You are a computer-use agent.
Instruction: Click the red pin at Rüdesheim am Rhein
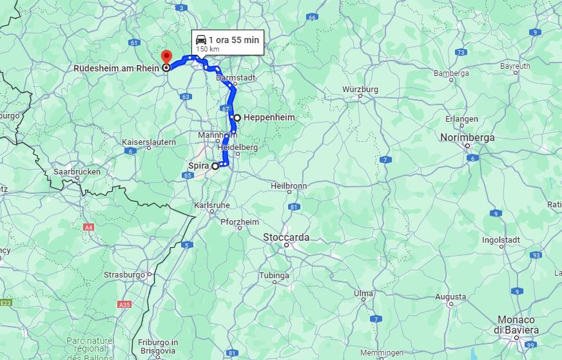pos(166,57)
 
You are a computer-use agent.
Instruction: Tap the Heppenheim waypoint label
pos(269,118)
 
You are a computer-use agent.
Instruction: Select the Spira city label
pos(199,166)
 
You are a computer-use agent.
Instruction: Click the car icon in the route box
pos(201,40)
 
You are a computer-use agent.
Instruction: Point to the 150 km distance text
pos(208,49)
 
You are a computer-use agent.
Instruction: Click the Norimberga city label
pos(467,137)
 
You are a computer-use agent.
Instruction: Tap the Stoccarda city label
pos(286,237)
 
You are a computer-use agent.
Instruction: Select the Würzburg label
pos(360,89)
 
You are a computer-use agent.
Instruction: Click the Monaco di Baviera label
pos(516,325)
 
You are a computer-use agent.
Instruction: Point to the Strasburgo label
pos(124,275)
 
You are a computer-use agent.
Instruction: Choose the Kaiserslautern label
pos(149,142)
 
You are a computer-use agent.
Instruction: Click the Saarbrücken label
pos(77,172)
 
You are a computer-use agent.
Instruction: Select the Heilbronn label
pos(289,185)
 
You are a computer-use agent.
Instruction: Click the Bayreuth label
pos(515,66)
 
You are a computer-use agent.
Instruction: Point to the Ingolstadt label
pos(501,240)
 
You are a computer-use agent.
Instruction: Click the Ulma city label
pos(363,294)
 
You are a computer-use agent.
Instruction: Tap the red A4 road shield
pos(88,227)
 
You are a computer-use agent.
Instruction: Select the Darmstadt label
pos(236,77)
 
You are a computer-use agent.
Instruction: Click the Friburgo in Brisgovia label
pos(157,346)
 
